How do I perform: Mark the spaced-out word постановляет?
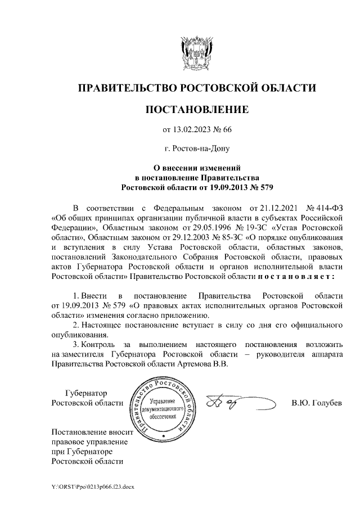point(296,277)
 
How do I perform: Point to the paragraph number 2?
point(76,326)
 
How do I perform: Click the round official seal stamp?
point(164,409)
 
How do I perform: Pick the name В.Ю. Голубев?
point(317,403)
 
